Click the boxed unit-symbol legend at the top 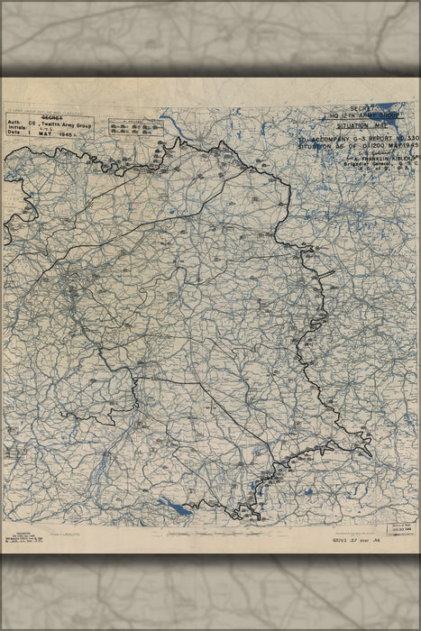(x=134, y=127)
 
